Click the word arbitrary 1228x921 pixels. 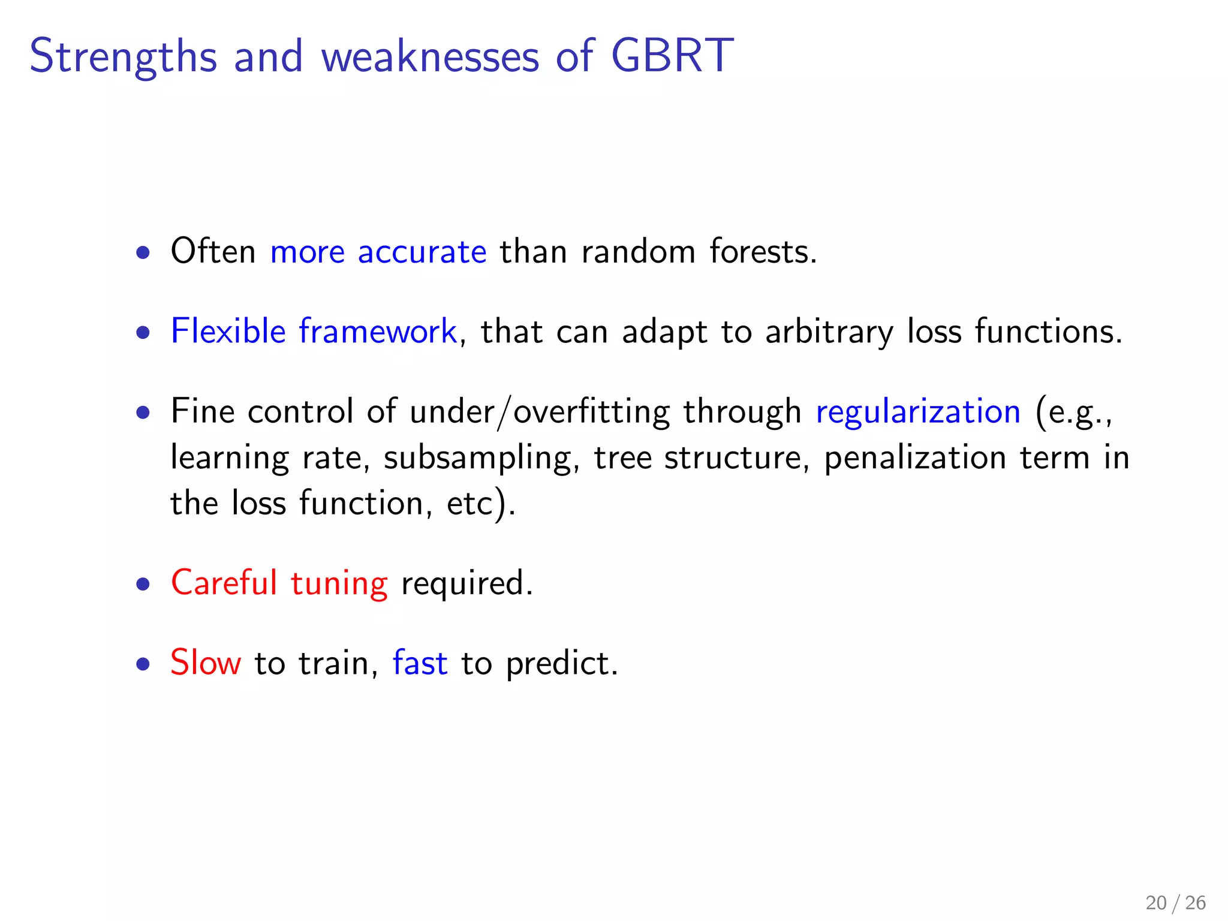pos(829,332)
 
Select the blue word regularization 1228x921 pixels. pos(918,411)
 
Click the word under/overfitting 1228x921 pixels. pos(540,411)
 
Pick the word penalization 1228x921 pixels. pos(915,458)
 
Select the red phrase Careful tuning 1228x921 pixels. pos(279,583)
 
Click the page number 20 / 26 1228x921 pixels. pos(1175,902)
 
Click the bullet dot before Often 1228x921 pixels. pos(143,252)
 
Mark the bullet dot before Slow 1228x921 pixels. pos(143,664)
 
